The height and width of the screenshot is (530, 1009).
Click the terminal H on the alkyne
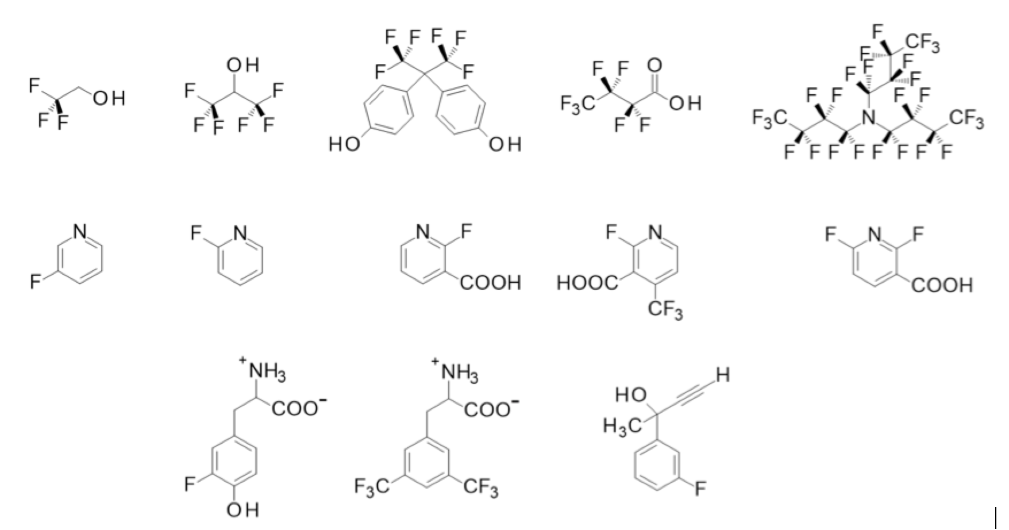(x=723, y=375)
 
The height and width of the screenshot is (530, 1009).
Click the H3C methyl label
(x=622, y=427)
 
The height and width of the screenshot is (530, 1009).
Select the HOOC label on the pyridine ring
(x=587, y=283)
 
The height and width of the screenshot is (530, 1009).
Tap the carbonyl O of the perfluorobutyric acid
(x=654, y=64)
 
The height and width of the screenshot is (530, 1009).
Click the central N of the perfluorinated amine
(x=868, y=118)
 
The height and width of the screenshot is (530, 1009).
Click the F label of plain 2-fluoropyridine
(x=197, y=233)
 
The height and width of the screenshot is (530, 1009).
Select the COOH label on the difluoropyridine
(x=942, y=285)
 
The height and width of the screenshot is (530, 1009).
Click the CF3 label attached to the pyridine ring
(x=665, y=311)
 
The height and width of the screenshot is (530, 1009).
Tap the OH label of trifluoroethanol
(x=109, y=99)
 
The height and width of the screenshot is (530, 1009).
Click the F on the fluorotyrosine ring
(x=190, y=485)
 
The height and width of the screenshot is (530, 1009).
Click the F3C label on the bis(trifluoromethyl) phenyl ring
(x=372, y=489)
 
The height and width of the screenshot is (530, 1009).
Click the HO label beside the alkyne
(x=630, y=395)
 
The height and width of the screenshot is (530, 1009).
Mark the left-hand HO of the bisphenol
(x=344, y=144)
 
